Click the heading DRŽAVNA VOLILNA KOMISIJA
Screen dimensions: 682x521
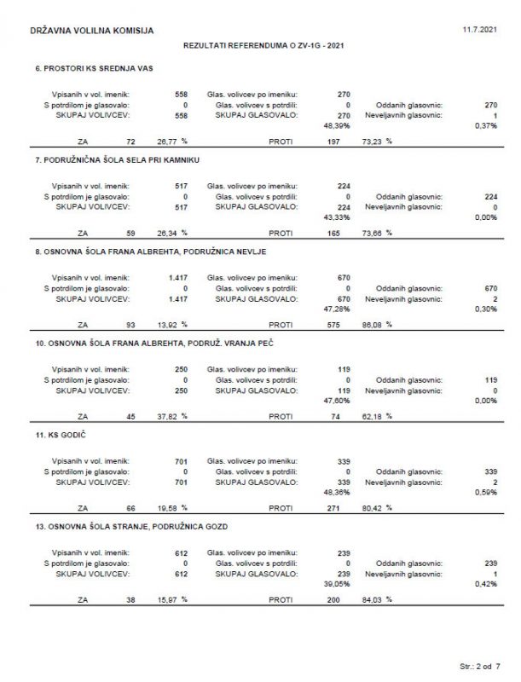[92, 31]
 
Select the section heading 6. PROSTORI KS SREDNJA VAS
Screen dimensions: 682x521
[94, 67]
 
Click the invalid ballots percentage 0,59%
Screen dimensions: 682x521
[485, 492]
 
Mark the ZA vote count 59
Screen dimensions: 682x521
[130, 232]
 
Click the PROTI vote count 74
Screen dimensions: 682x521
[333, 416]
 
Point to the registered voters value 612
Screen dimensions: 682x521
[179, 552]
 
